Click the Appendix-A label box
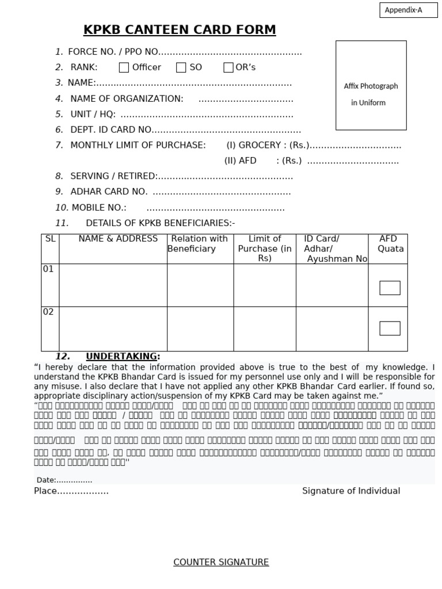408,10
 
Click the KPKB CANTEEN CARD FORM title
180,30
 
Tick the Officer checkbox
124,68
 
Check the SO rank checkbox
181,68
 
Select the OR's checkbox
228,68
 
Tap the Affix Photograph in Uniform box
371,85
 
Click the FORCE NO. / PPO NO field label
113,52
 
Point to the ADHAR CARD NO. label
109,192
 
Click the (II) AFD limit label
240,161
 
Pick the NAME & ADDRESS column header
118,239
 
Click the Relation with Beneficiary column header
199,244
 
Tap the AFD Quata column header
390,244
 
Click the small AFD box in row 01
390,288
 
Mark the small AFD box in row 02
390,328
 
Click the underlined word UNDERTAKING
121,357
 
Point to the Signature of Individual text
351,491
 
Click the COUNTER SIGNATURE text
221,562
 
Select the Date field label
46,480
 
